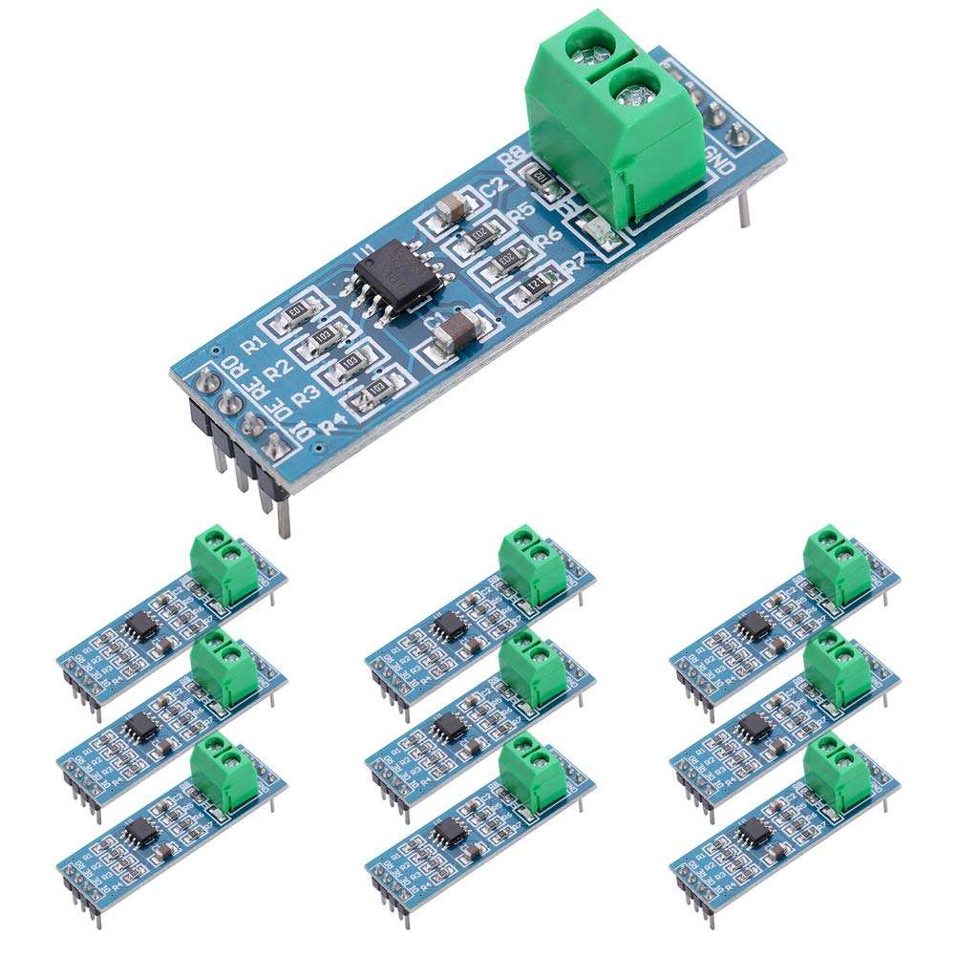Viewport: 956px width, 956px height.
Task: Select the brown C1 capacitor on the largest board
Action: pos(460,329)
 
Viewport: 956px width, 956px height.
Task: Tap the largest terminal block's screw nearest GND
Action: pos(634,94)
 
